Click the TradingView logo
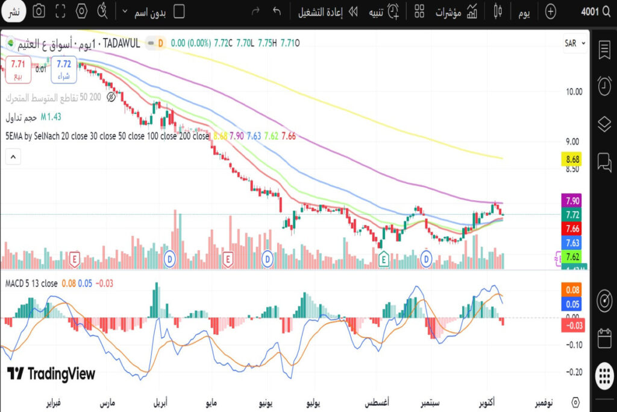click(51, 374)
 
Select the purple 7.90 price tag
click(573, 201)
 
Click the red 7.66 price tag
click(573, 229)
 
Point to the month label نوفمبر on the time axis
click(548, 402)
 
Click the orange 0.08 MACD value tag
click(573, 290)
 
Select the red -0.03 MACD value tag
click(573, 326)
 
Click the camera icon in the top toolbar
click(39, 11)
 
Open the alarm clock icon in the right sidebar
click(604, 86)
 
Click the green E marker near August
click(383, 260)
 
